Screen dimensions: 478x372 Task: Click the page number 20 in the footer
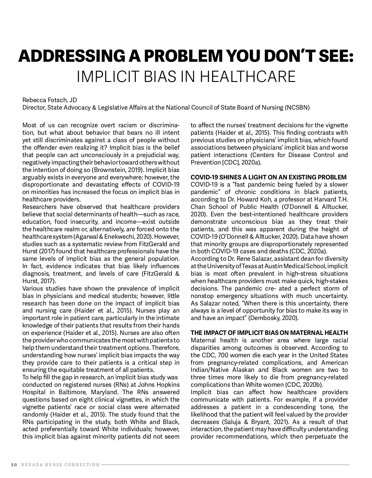pos(14,465)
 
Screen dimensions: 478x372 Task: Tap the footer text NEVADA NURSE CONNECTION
pos(60,465)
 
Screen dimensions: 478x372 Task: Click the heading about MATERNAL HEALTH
pos(269,333)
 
